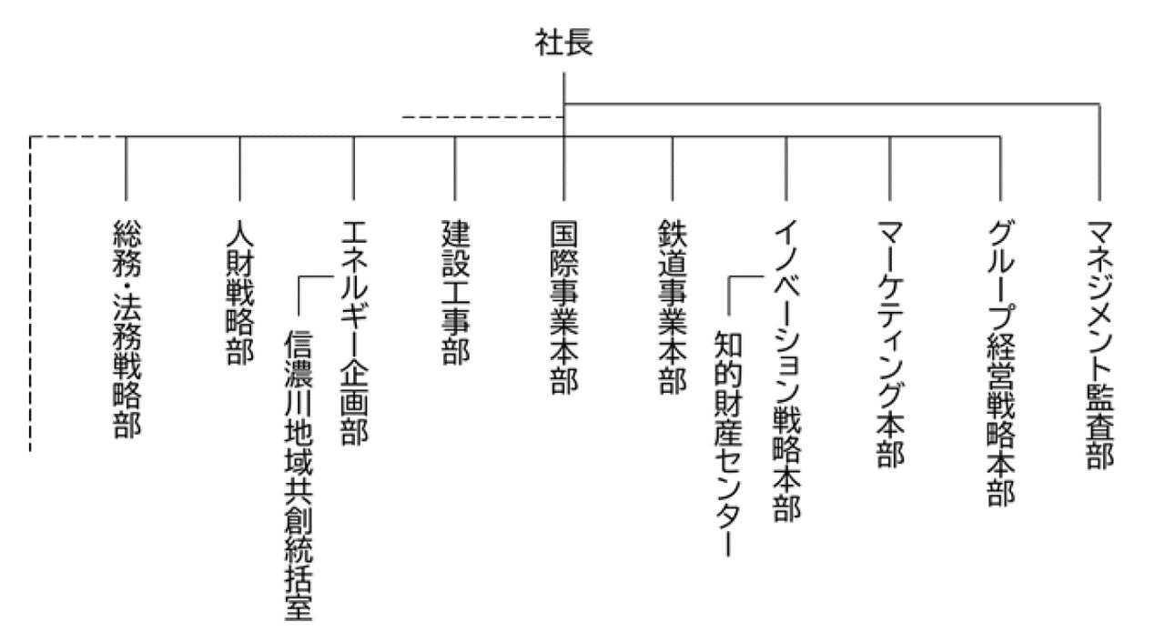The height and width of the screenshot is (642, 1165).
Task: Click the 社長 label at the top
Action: point(564,44)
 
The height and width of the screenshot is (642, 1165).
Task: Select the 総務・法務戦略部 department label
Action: point(127,327)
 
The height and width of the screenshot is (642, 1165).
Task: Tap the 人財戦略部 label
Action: point(239,290)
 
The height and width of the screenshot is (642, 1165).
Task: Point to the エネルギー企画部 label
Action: point(353,333)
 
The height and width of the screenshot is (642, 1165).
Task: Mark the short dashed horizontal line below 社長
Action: point(482,117)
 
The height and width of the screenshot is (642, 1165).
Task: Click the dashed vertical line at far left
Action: point(30,291)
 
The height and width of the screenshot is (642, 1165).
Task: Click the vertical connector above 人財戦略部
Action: point(239,168)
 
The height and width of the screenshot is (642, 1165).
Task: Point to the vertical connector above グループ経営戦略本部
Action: point(1000,168)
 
